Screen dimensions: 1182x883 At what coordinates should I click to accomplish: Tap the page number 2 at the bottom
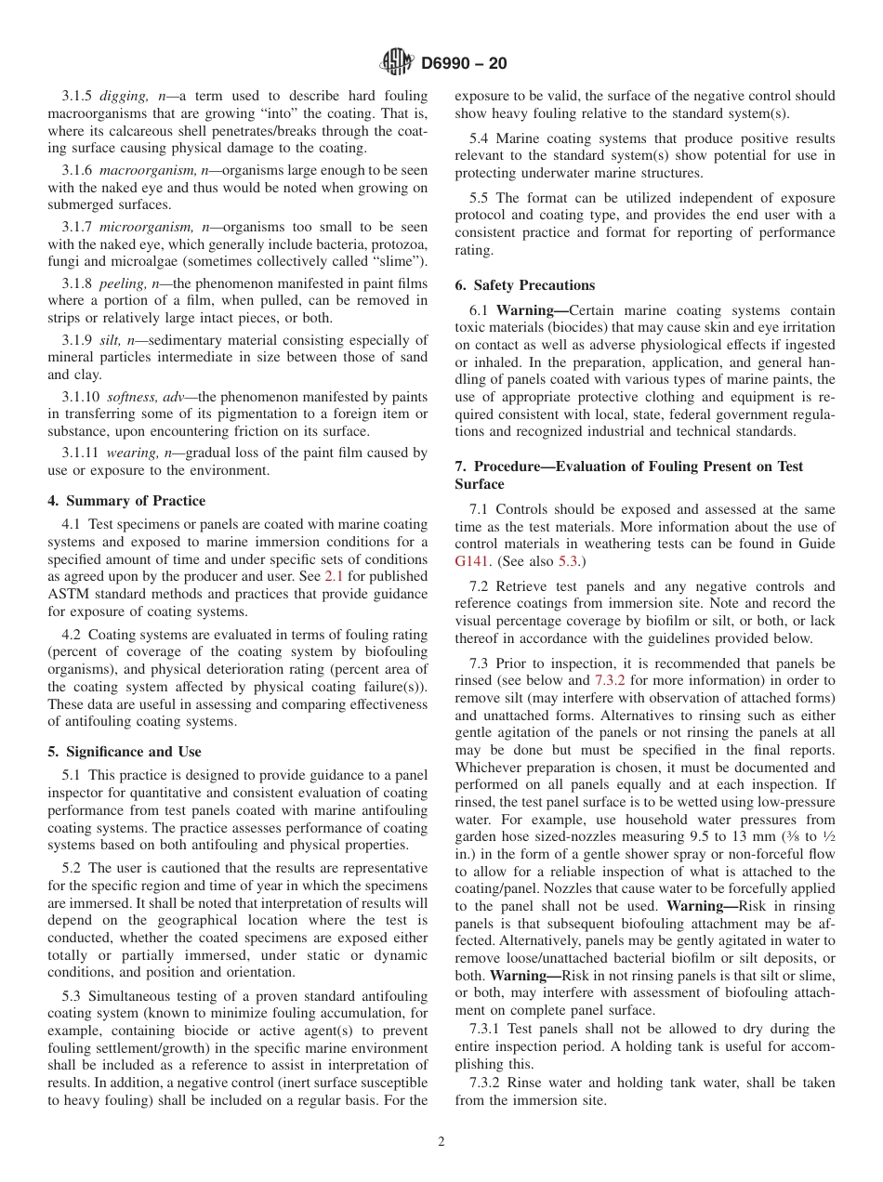coord(441,1142)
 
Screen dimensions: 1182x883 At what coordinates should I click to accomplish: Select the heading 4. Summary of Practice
coord(126,501)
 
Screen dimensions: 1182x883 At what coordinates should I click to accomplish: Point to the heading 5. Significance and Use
coord(124,752)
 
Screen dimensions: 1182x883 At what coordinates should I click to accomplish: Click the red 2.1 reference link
coord(334,577)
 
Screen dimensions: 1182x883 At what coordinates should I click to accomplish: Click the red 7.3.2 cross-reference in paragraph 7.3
coord(610,681)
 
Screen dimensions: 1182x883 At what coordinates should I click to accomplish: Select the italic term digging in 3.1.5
coord(122,96)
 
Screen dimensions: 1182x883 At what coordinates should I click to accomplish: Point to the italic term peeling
coord(119,283)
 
